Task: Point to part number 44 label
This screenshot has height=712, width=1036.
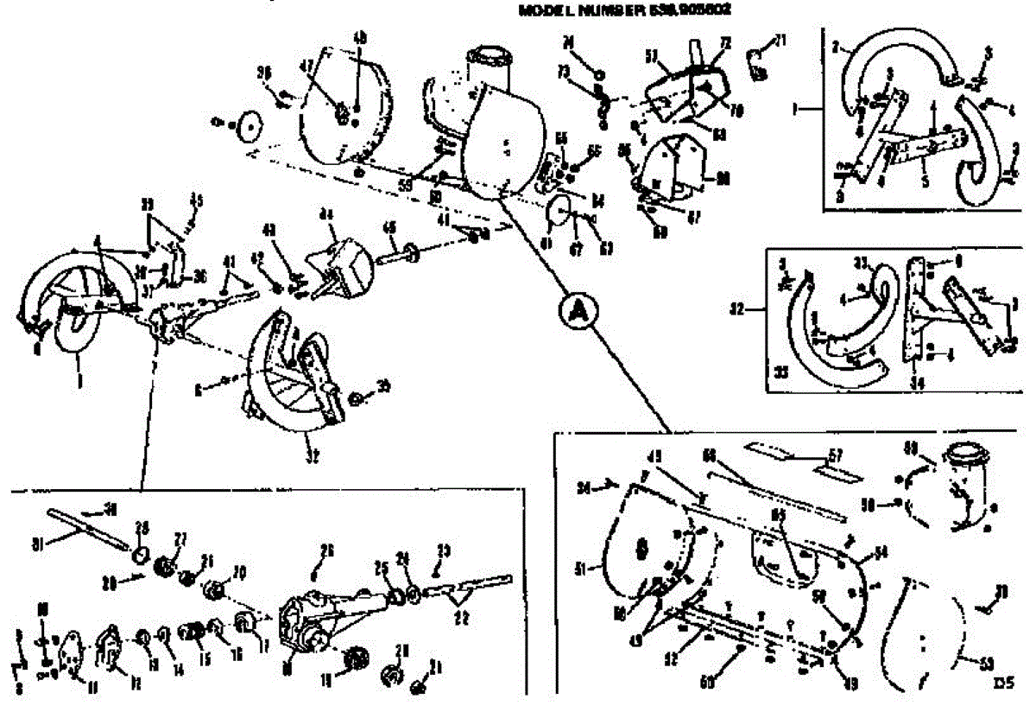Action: click(326, 213)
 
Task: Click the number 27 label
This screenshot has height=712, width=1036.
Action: click(180, 537)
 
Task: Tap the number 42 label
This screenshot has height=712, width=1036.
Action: click(256, 256)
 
